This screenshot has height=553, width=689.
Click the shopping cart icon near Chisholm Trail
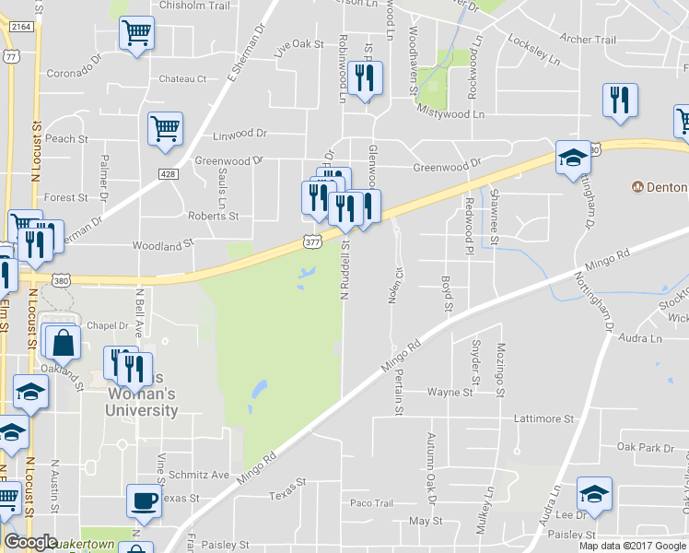click(136, 34)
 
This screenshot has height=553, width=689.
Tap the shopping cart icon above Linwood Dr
click(166, 129)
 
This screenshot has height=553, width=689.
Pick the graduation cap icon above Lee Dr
click(594, 493)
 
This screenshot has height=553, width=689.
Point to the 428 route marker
click(167, 173)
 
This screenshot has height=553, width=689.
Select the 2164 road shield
click(21, 28)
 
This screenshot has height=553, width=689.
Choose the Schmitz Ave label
click(199, 475)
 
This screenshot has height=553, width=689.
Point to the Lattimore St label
click(543, 418)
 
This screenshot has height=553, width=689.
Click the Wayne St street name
click(450, 392)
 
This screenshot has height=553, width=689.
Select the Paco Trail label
click(371, 503)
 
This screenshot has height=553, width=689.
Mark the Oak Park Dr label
click(646, 448)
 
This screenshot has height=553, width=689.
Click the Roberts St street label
click(213, 217)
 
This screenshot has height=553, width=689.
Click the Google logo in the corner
click(31, 542)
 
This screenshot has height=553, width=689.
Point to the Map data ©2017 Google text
click(631, 546)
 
